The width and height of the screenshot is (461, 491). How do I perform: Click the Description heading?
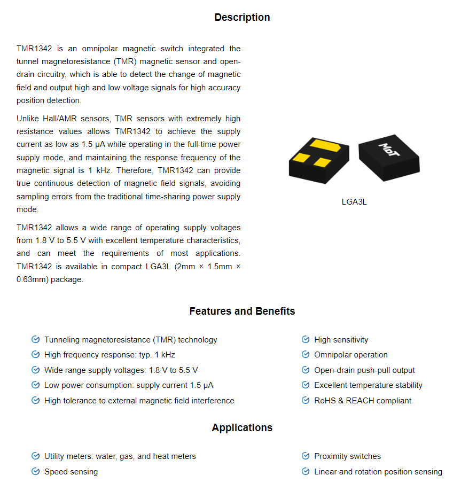point(242,18)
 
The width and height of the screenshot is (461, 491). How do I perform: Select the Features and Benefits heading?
point(242,311)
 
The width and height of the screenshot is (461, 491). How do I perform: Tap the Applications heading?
point(242,427)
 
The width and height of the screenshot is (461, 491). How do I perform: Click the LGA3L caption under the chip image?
point(354,202)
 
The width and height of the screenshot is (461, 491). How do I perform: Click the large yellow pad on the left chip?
point(324,145)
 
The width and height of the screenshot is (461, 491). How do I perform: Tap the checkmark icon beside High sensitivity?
point(306,339)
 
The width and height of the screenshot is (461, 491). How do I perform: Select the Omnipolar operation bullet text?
point(350,355)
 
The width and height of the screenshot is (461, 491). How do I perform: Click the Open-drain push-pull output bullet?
point(364,370)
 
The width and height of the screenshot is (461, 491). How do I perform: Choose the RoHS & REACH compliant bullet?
point(363,401)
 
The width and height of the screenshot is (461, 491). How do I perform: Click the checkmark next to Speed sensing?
point(36,471)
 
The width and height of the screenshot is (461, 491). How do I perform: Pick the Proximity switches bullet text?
point(347,456)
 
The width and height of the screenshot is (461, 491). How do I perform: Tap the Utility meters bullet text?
point(120,456)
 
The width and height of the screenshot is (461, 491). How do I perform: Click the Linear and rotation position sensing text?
point(378,472)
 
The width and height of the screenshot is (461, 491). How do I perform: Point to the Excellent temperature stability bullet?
point(368,385)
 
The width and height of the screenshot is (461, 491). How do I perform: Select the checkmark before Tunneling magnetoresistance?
point(36,339)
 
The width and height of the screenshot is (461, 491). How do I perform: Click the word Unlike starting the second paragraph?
point(28,119)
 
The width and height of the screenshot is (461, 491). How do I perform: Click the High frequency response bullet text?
point(110,355)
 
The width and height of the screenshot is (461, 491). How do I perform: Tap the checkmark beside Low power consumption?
point(36,385)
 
